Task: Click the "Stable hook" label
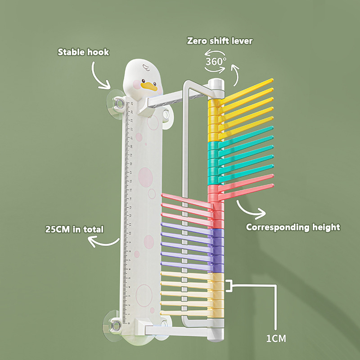click(83, 52)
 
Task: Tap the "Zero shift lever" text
click(220, 41)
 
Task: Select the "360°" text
click(216, 62)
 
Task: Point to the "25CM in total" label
click(74, 229)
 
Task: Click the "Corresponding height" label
click(293, 227)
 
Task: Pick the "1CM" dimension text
click(276, 338)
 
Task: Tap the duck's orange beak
click(149, 86)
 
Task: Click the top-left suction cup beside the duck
click(117, 103)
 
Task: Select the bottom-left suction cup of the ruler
click(114, 324)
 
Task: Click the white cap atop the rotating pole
click(216, 84)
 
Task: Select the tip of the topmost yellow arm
click(271, 81)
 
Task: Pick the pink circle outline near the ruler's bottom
click(144, 295)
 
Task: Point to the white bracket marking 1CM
click(230, 285)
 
